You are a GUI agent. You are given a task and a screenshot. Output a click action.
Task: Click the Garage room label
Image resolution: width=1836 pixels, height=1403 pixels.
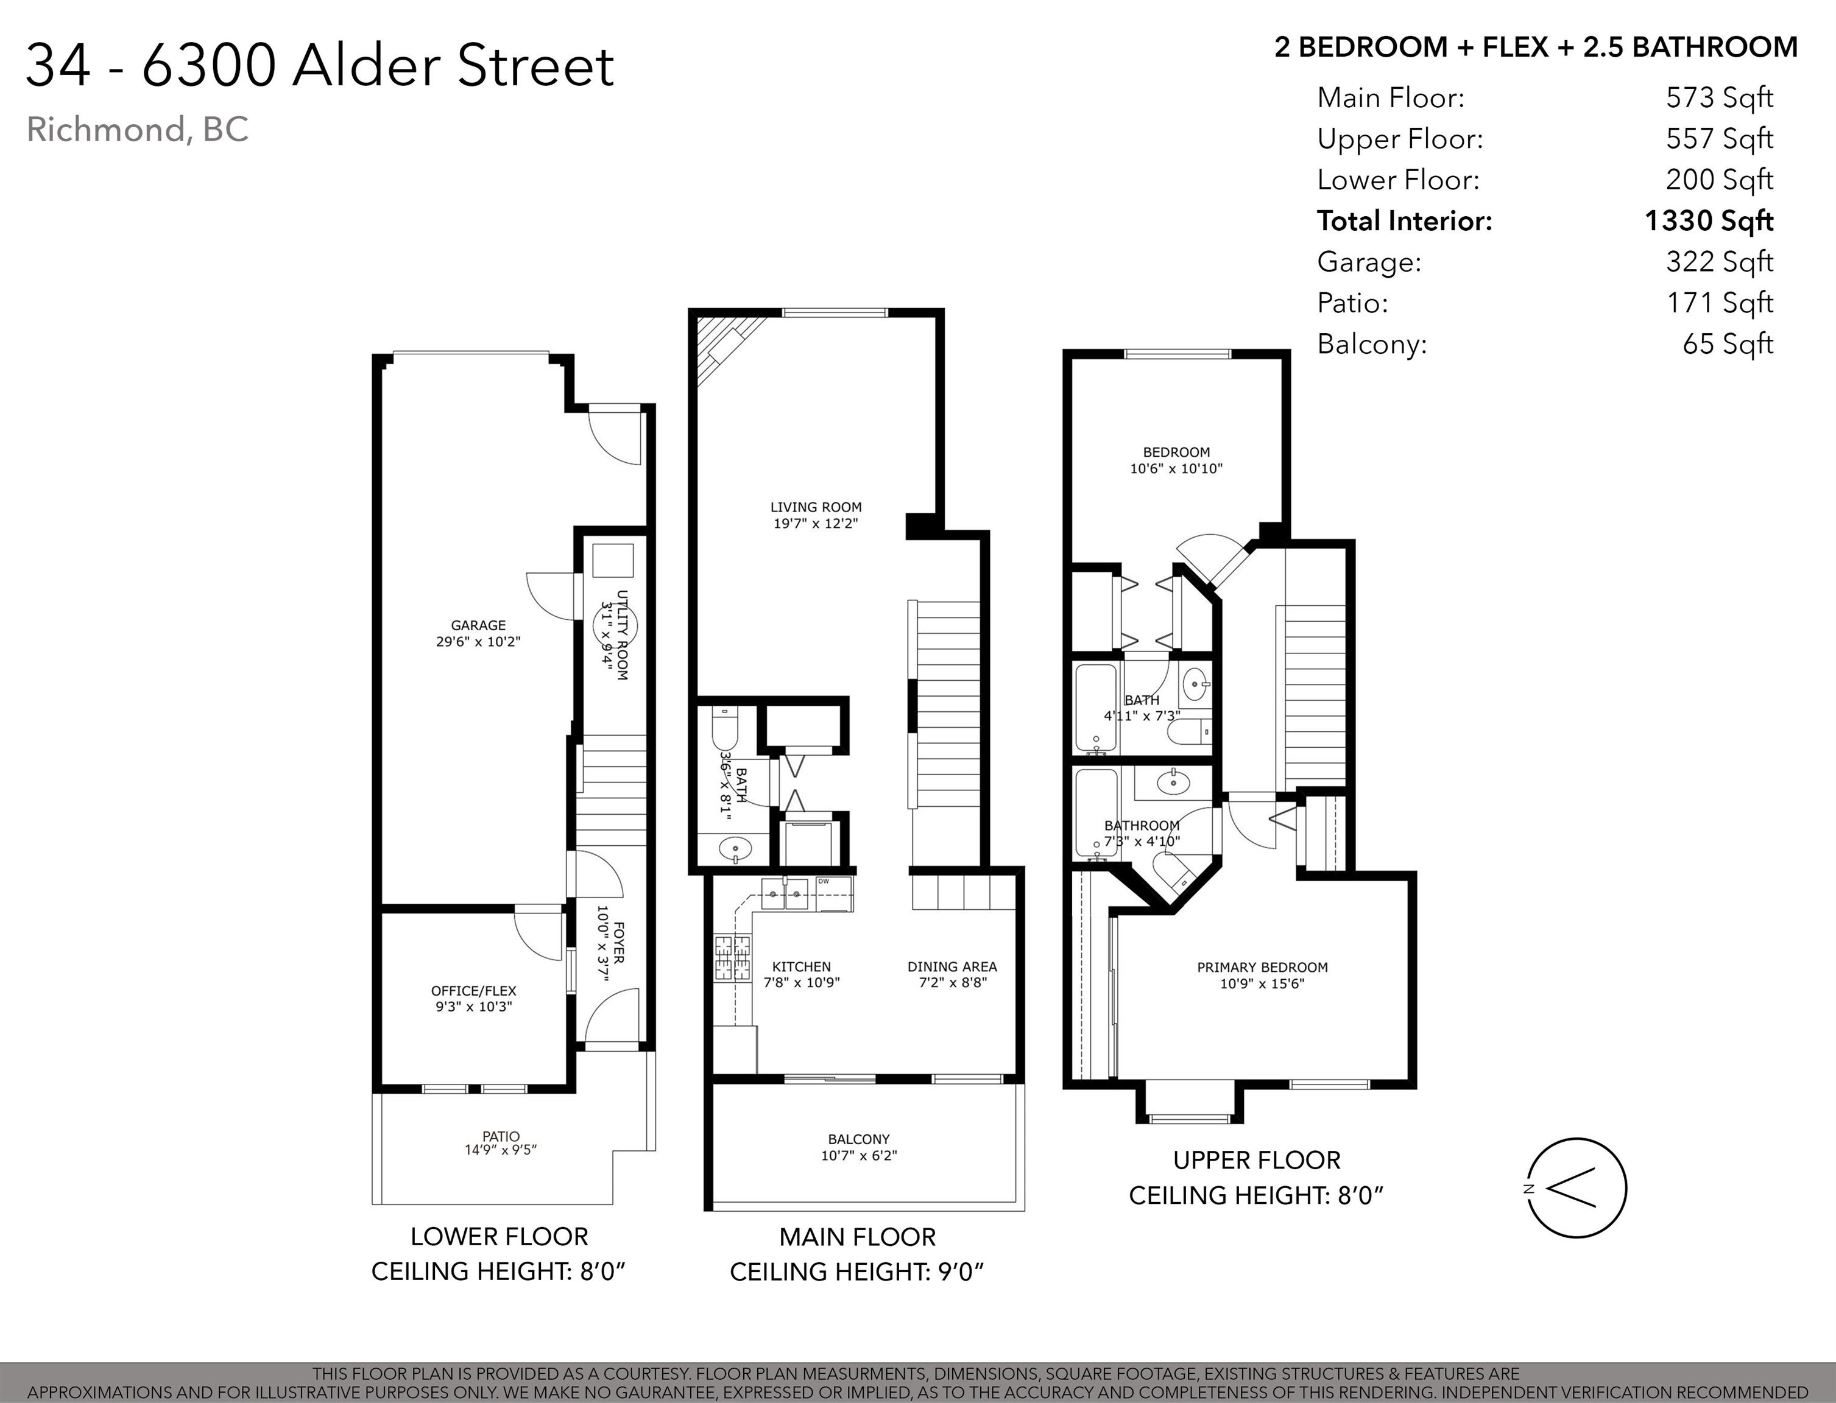pyautogui.click(x=478, y=625)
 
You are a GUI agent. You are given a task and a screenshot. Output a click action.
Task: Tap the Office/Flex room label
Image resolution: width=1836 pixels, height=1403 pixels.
pyautogui.click(x=473, y=991)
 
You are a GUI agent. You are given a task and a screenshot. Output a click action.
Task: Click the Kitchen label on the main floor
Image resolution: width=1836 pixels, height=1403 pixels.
pyautogui.click(x=801, y=967)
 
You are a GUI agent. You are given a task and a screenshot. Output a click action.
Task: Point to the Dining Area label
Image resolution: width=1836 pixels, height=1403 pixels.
pyautogui.click(x=952, y=967)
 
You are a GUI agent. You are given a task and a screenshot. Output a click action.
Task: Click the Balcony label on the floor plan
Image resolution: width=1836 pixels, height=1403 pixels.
pyautogui.click(x=859, y=1139)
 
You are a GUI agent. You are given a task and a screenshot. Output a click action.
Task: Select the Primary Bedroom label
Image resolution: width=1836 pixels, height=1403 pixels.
pyautogui.click(x=1262, y=967)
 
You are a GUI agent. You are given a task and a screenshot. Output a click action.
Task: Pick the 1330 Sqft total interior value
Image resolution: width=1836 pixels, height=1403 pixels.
pyautogui.click(x=1709, y=220)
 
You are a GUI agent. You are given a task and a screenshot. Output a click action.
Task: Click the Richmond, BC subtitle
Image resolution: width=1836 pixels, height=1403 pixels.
pyautogui.click(x=138, y=130)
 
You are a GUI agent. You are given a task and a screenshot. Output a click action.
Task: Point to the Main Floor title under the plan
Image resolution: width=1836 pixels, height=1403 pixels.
pyautogui.click(x=858, y=1237)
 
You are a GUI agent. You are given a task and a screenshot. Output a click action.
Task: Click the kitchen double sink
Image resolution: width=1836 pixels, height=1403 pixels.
pyautogui.click(x=785, y=895)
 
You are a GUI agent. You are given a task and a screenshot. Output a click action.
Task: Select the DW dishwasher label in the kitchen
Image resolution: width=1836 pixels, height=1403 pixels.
pyautogui.click(x=824, y=881)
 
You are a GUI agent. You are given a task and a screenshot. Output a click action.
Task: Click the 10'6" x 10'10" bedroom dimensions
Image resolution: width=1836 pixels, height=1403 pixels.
pyautogui.click(x=1176, y=468)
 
